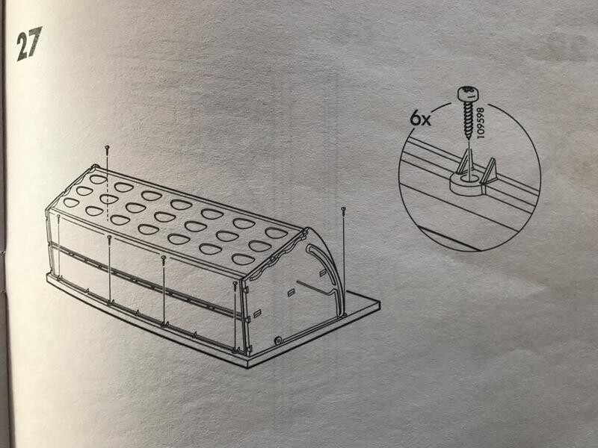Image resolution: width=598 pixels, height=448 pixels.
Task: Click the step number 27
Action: pos(28,43)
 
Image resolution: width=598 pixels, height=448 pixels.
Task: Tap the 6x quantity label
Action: pos(420,119)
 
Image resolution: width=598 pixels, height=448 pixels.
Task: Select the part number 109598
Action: pos(480,122)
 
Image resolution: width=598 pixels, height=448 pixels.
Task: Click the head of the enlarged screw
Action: pos(468,94)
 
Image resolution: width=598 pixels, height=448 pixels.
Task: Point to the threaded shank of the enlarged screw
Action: pos(468,119)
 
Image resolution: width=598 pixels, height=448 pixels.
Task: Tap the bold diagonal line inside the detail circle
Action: pos(449,239)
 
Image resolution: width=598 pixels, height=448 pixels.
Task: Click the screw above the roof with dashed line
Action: pos(107,149)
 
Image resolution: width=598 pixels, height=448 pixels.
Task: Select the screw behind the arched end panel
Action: pos(344,211)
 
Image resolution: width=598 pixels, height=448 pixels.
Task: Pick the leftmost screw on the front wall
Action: pos(58,217)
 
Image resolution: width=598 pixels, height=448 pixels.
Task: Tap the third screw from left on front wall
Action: pos(164,259)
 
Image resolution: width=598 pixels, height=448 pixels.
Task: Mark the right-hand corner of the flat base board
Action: pos(380,302)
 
